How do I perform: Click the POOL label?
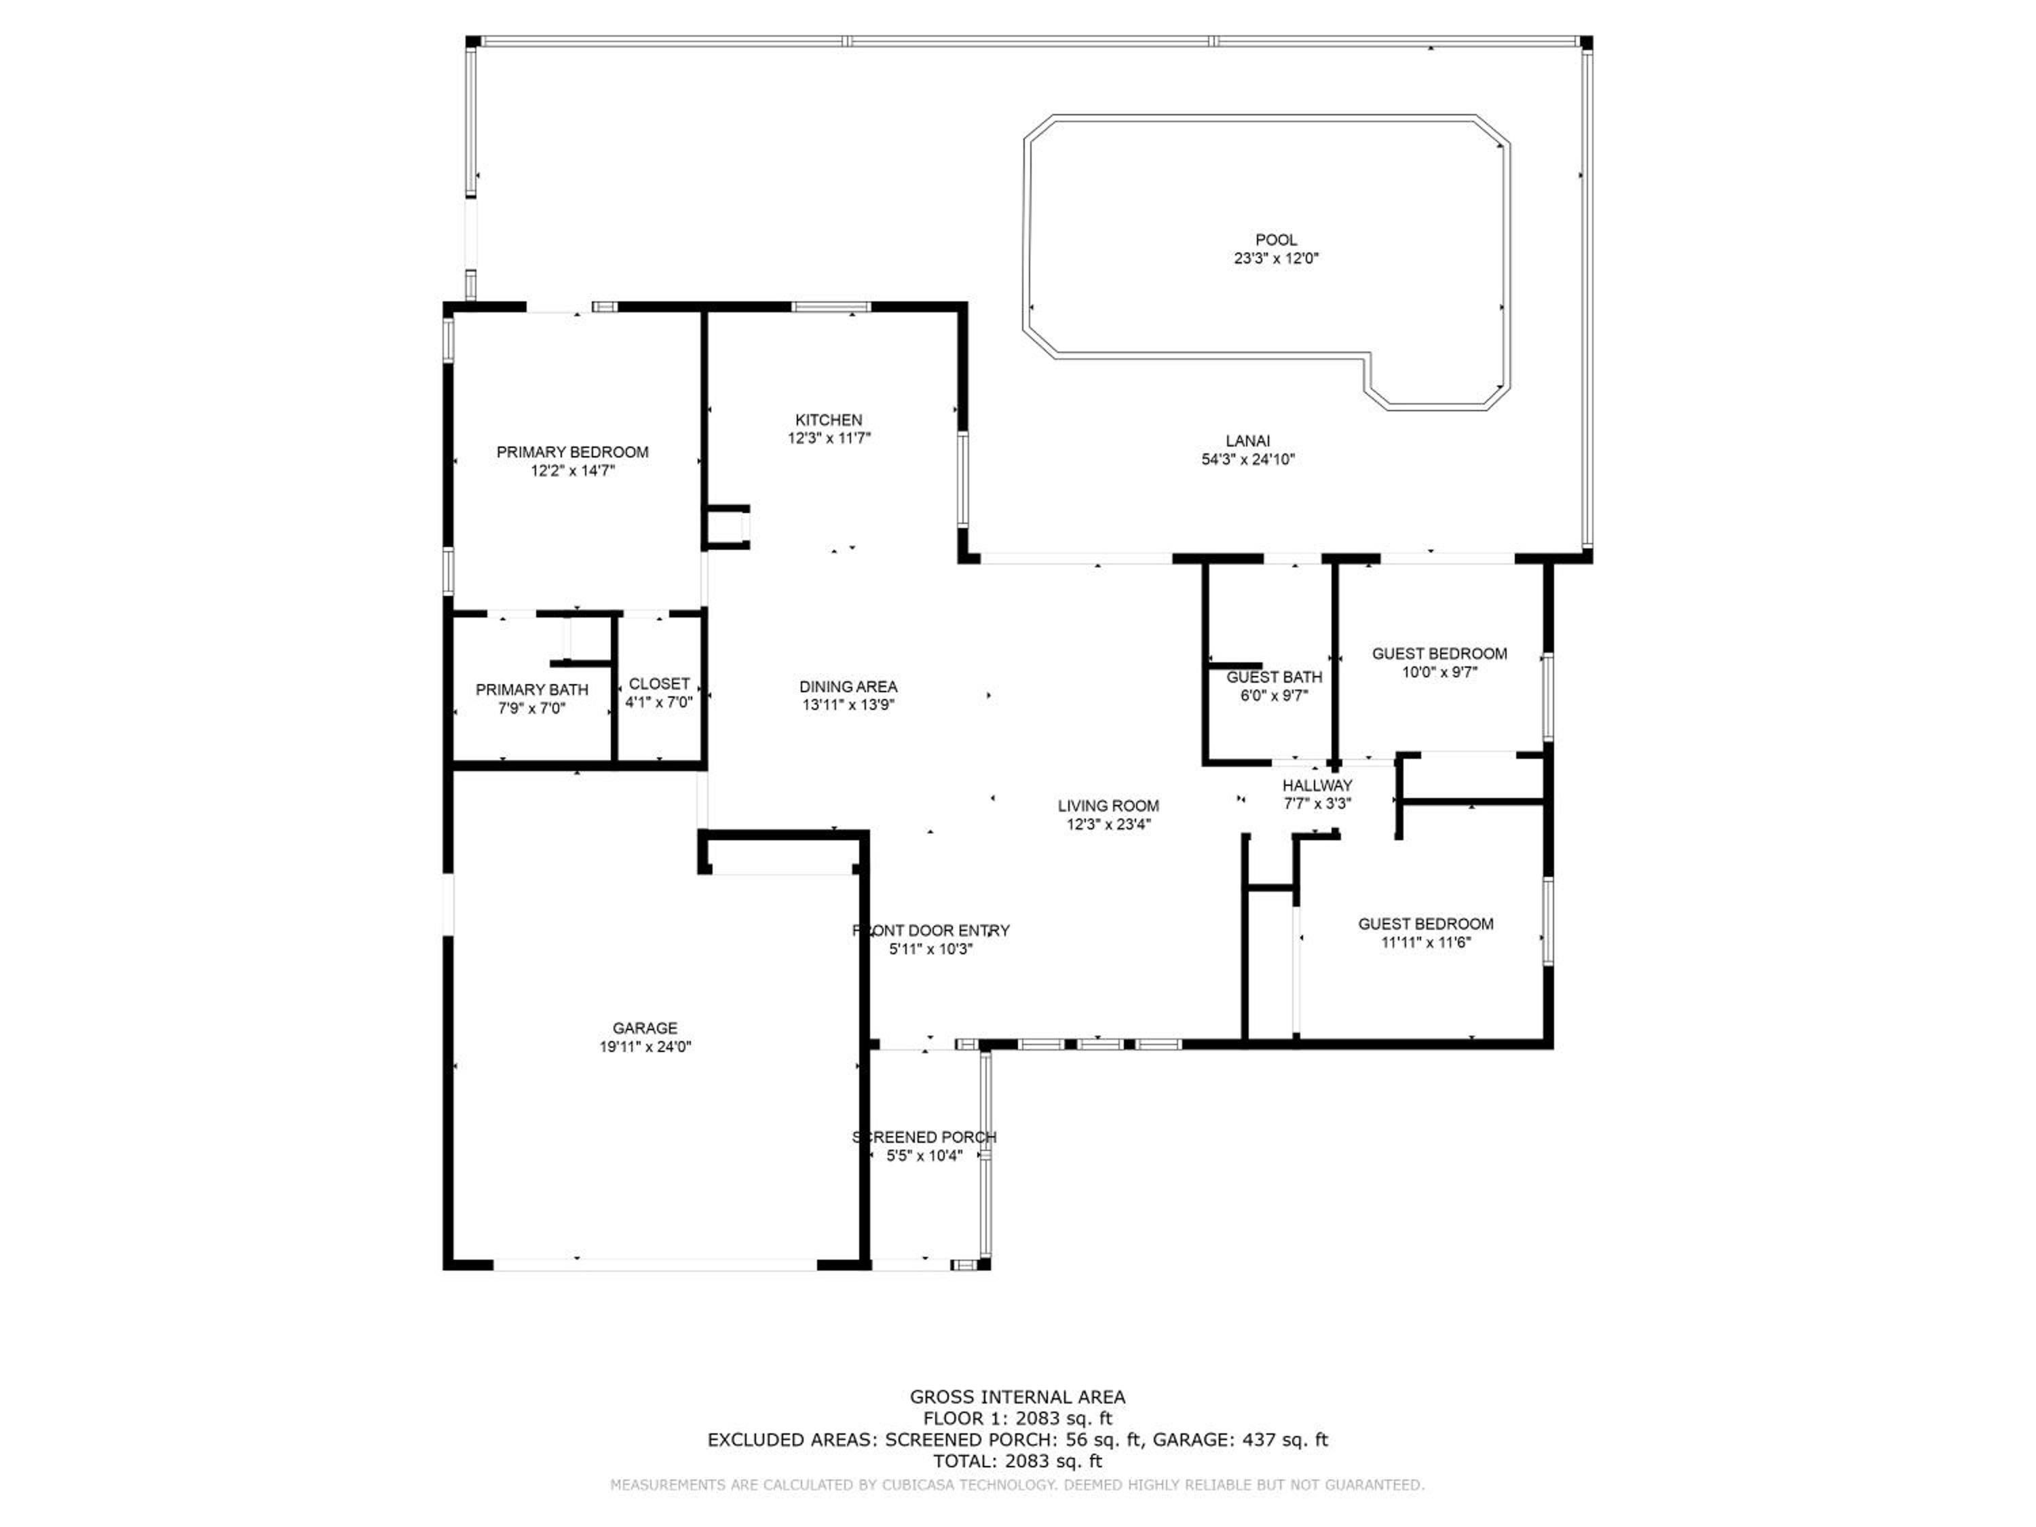click(1276, 240)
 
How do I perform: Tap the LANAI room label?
click(1247, 441)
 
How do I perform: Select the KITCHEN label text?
click(829, 419)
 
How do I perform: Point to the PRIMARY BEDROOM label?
click(573, 452)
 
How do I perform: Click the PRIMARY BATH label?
click(532, 690)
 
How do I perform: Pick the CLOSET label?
click(659, 684)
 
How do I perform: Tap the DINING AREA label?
click(848, 687)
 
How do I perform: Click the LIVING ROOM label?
click(1108, 806)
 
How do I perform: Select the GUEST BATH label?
click(1274, 677)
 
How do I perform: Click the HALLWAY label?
click(1317, 785)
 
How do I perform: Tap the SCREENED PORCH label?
click(924, 1137)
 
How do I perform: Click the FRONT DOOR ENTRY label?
click(930, 930)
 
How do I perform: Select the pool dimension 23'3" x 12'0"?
click(1276, 259)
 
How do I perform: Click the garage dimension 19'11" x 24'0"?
click(645, 1047)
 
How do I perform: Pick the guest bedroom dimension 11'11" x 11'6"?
click(1426, 943)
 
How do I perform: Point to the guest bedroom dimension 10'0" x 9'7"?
click(1439, 672)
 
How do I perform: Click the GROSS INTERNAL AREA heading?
click(1017, 1397)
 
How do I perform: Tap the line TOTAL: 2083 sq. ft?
click(1017, 1460)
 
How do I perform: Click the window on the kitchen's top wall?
click(830, 307)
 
